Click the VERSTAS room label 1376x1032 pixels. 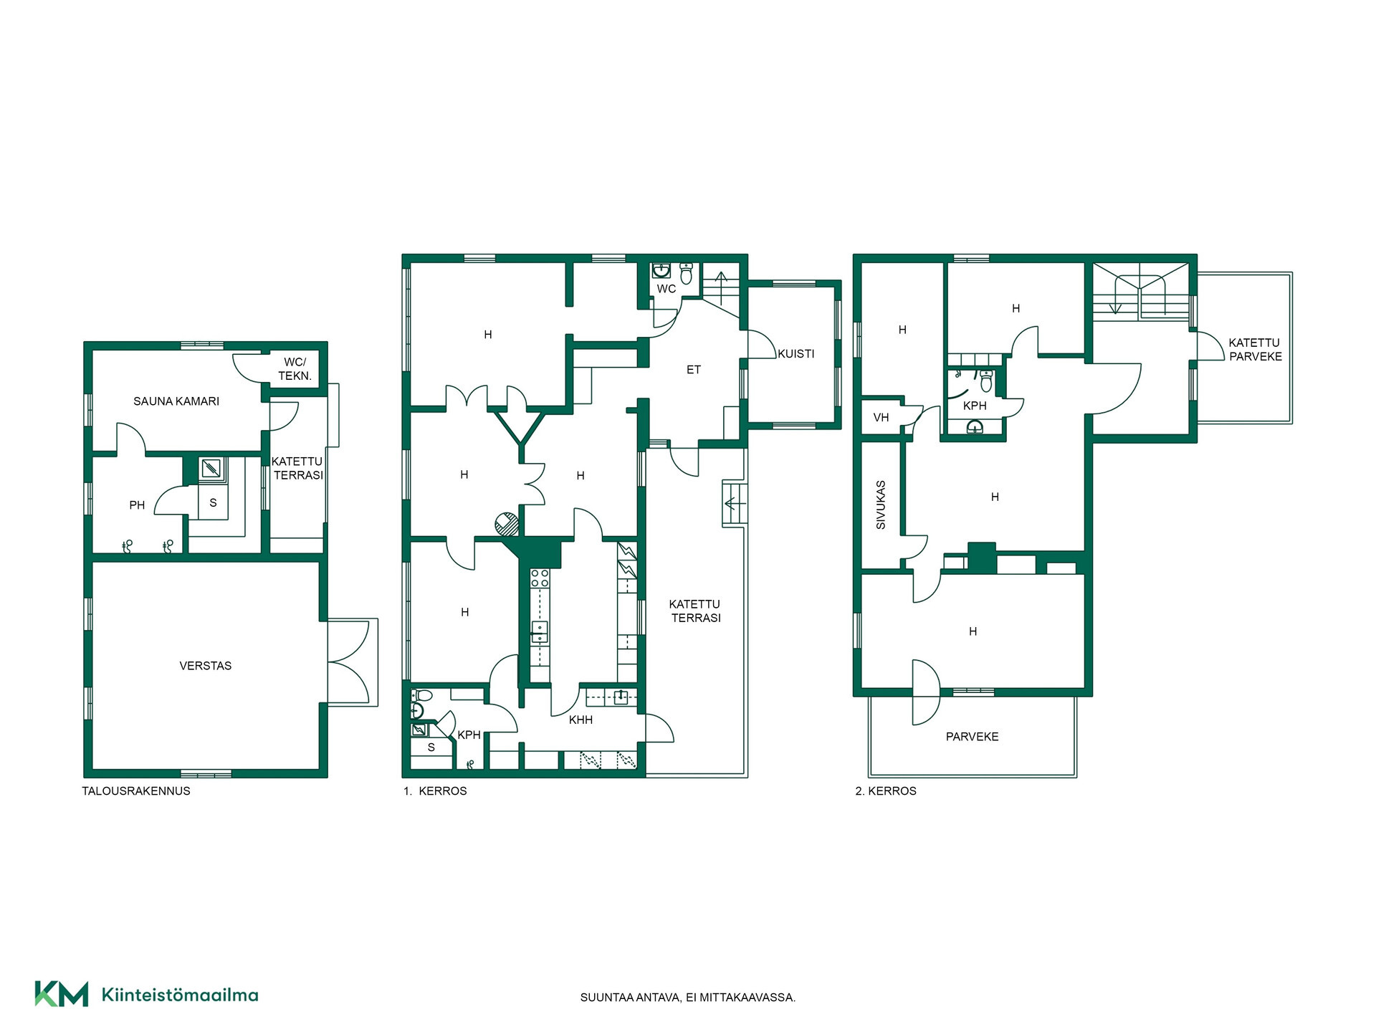click(x=206, y=666)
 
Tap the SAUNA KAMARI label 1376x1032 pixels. click(x=176, y=401)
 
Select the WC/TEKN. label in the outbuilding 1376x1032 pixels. click(x=295, y=369)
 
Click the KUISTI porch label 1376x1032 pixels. click(x=796, y=353)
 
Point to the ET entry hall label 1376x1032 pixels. click(x=694, y=370)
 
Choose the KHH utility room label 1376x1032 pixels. click(x=580, y=720)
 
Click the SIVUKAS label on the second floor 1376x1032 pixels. click(x=881, y=505)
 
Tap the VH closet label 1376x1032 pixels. click(x=881, y=417)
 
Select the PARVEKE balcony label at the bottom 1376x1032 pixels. click(x=972, y=736)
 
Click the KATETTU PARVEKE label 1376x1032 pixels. click(x=1255, y=350)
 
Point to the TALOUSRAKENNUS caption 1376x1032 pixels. click(x=136, y=791)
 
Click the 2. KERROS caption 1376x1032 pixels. click(x=886, y=791)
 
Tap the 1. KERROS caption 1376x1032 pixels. click(x=435, y=791)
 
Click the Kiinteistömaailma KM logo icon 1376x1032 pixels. click(x=62, y=994)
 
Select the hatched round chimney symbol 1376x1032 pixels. click(x=507, y=524)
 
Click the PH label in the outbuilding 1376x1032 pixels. click(x=137, y=505)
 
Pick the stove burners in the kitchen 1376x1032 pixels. click(x=540, y=578)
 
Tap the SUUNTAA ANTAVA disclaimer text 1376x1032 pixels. click(x=688, y=998)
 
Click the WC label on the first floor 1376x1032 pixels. click(x=666, y=289)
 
